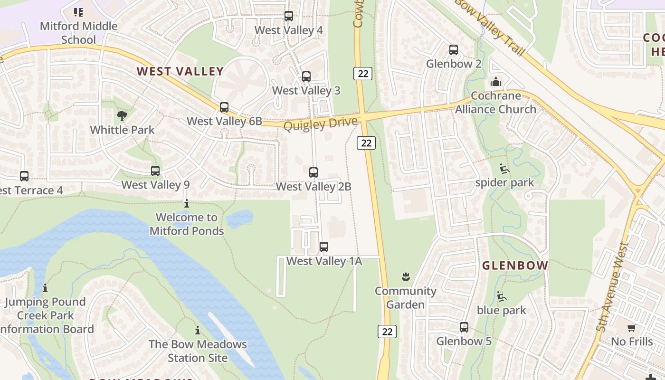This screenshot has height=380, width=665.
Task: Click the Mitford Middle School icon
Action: (x=78, y=12)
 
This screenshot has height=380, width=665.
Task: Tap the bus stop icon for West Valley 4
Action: (x=289, y=16)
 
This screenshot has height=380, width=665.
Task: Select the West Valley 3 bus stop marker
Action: (x=306, y=76)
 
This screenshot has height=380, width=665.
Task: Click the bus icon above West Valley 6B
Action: (x=224, y=107)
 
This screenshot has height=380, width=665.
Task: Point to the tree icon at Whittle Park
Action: (x=122, y=116)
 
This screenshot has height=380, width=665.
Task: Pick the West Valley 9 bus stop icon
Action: (x=155, y=171)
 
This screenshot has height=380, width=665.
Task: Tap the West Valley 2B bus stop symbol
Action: (x=313, y=172)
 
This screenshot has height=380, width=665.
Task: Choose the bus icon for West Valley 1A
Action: (x=324, y=247)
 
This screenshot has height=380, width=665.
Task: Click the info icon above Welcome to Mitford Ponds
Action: (x=187, y=204)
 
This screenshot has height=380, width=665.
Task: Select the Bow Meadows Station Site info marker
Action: (x=198, y=330)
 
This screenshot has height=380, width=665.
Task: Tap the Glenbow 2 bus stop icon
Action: (x=454, y=50)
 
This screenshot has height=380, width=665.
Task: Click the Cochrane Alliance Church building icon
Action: (x=496, y=82)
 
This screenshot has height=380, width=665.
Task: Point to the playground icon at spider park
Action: (x=504, y=169)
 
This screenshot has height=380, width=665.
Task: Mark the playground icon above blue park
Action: (x=502, y=296)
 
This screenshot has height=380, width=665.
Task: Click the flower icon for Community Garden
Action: (x=406, y=277)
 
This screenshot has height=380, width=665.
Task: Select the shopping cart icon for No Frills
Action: (x=632, y=328)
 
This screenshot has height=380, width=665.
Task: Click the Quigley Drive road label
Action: (x=320, y=124)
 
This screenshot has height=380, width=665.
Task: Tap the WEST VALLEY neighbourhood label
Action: (x=180, y=72)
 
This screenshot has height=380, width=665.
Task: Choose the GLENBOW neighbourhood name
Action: (x=515, y=266)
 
